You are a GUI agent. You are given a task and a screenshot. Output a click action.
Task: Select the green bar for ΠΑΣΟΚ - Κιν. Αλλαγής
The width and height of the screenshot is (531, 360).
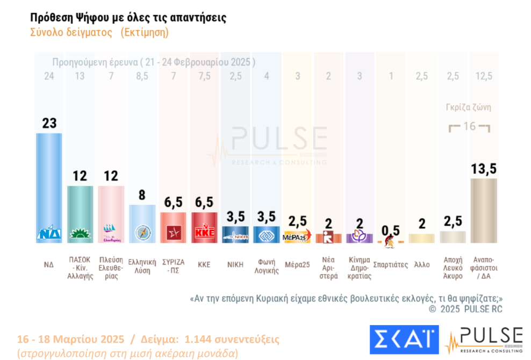coord(80,212)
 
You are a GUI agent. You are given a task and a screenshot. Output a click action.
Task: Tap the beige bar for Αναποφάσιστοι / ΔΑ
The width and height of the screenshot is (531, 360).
coord(483,210)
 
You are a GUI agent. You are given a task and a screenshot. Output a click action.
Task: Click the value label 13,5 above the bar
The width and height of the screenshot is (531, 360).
coord(483,169)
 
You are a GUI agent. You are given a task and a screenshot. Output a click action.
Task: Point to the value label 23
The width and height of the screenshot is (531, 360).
coord(49,123)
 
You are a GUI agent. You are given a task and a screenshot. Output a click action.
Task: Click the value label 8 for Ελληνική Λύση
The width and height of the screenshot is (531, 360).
coord(142,195)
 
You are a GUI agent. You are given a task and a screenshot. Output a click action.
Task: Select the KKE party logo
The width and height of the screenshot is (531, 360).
coord(204,234)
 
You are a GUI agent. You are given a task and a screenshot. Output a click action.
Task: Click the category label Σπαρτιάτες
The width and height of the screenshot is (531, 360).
coord(390,264)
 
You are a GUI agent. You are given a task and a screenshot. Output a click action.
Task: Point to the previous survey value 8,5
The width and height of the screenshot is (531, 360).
coord(142,76)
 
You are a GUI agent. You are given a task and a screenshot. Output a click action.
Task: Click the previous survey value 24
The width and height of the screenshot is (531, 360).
coord(49,76)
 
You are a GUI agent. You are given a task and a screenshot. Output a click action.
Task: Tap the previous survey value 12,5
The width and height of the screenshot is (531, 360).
coord(483,76)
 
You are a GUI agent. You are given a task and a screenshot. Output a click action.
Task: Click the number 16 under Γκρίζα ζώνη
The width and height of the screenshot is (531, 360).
coord(469,126)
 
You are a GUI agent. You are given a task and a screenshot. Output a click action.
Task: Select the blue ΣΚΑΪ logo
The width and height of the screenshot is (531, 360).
coord(404,340)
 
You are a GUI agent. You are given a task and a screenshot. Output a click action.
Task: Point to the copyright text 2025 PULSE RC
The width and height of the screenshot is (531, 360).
coord(465,309)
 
